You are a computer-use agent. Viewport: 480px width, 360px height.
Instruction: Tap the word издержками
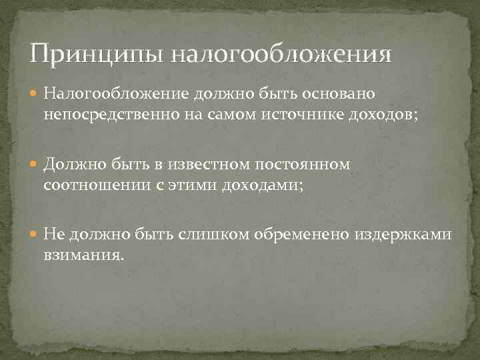409,233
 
